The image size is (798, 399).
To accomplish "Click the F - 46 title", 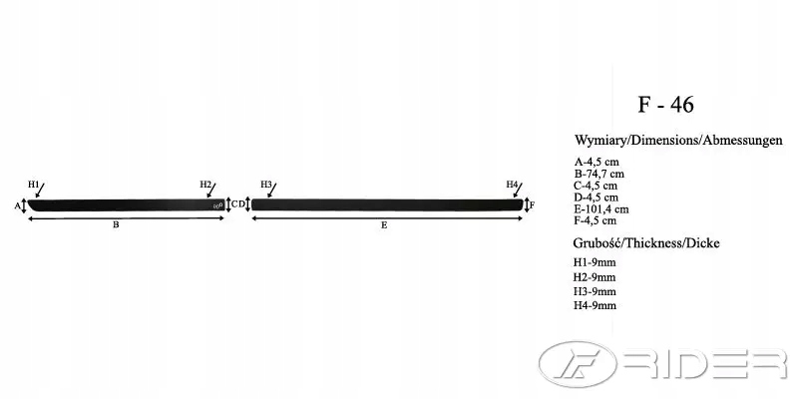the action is point(665,105).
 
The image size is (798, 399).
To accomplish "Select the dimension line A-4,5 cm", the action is point(597,163).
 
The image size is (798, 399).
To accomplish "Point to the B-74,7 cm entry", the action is point(599,174).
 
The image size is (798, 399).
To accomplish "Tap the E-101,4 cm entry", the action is point(601,209).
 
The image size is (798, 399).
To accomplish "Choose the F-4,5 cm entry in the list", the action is point(595,220).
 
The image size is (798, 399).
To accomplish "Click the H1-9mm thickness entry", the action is point(594,262).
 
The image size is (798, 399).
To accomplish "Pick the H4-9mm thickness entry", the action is point(594,305).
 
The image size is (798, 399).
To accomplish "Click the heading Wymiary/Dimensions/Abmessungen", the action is point(678,141).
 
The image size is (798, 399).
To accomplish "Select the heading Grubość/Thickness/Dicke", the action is point(646,243).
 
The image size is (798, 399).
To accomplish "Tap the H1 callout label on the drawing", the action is point(33,185).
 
